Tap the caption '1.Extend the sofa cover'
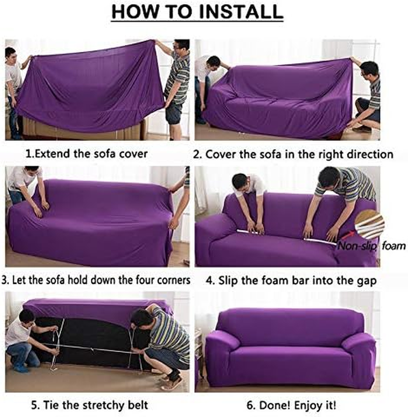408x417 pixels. tap(86, 154)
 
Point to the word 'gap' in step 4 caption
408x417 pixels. tap(365, 280)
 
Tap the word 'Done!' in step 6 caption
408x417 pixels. tap(274, 406)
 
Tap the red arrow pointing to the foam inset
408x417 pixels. tap(346, 235)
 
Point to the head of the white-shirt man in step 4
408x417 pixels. tap(240, 181)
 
